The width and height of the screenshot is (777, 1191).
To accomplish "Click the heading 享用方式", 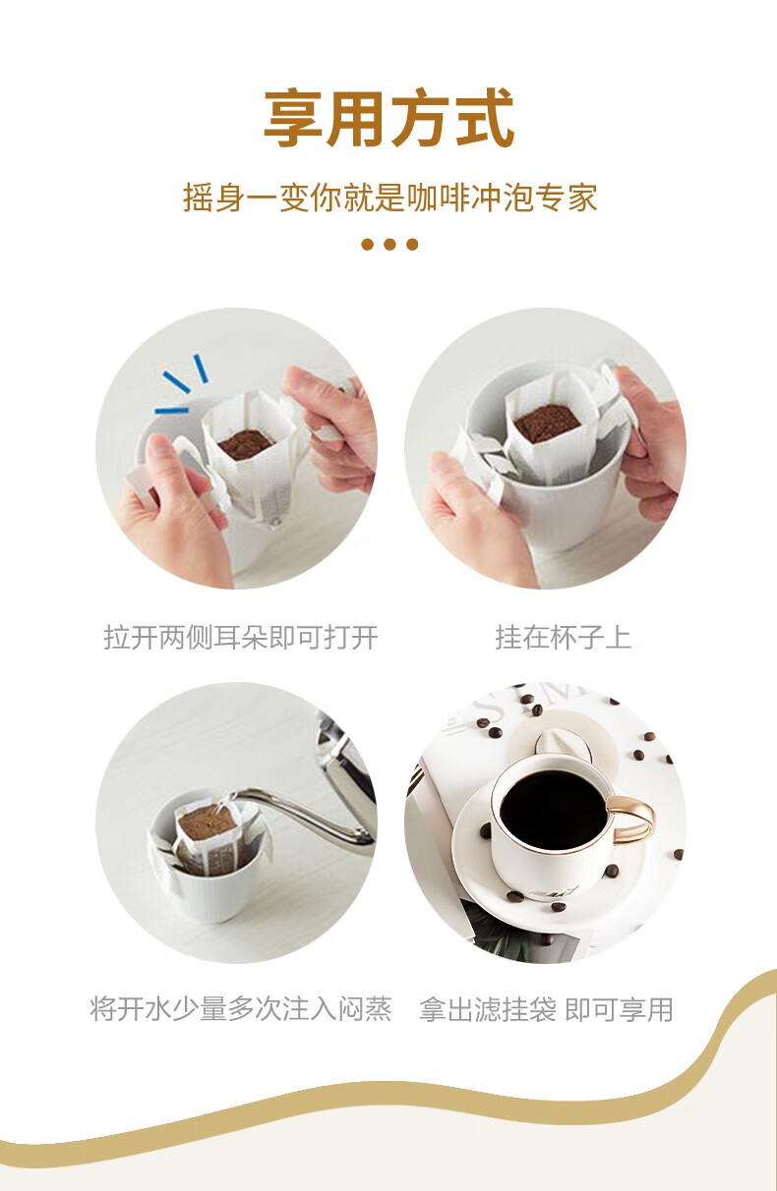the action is click(x=389, y=118).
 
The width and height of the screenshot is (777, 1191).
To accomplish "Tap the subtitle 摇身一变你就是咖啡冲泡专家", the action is click(x=390, y=198).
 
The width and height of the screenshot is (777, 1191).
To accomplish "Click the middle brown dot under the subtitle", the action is click(x=389, y=245).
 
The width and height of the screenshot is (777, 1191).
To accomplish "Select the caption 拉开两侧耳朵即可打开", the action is click(x=241, y=637).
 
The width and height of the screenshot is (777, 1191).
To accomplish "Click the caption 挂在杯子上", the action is click(x=563, y=637).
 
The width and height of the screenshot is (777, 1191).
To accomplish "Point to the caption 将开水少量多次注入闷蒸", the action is click(x=241, y=1009).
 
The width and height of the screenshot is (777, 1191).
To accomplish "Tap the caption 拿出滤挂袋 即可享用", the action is click(x=546, y=1009).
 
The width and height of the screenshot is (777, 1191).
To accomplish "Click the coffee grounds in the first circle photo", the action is click(x=245, y=445).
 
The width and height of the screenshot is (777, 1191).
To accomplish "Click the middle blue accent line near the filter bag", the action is click(x=176, y=381).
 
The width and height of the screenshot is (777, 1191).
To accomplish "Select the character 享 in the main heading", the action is click(x=294, y=118).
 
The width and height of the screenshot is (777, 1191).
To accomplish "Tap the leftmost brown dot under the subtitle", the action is click(x=367, y=245).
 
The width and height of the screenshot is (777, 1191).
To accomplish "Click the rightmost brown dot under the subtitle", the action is click(x=412, y=245).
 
